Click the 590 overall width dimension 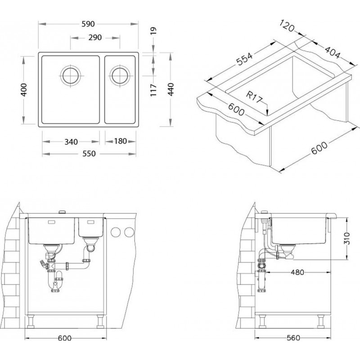tap(88, 24)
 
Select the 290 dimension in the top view tap(95, 37)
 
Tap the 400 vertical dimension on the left tap(24, 90)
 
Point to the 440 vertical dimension tap(171, 89)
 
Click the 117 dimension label tap(153, 90)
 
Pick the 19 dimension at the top tap(153, 31)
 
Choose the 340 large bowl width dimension tap(71, 142)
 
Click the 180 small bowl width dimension tap(121, 141)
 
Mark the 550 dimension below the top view tap(89, 153)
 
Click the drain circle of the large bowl tap(71, 76)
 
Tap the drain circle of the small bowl tap(120, 76)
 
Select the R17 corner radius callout tap(254, 97)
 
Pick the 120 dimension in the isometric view tap(287, 26)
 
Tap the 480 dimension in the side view tap(297, 272)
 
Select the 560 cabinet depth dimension tap(293, 338)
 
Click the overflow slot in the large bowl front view tap(51, 222)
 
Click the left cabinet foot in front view tap(31, 321)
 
